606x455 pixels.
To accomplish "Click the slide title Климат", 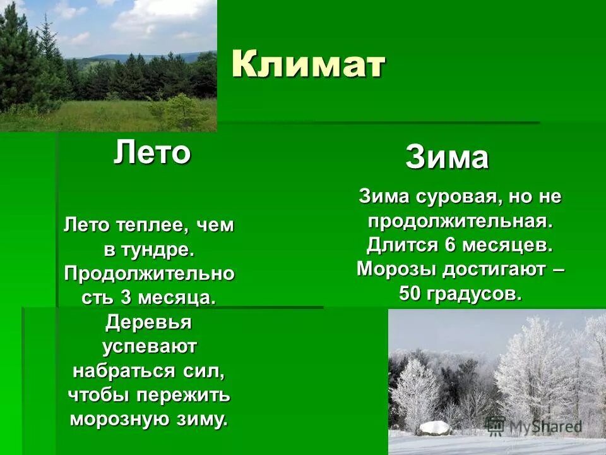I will (308, 64).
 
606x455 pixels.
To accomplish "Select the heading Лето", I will (152, 153).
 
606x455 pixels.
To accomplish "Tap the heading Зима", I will (447, 157).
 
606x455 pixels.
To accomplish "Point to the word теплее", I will (155, 226).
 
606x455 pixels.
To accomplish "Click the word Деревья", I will (149, 322).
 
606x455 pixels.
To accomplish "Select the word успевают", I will (149, 346).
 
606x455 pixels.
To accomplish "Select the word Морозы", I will (396, 269).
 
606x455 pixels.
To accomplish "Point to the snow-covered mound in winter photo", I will (434, 428).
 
